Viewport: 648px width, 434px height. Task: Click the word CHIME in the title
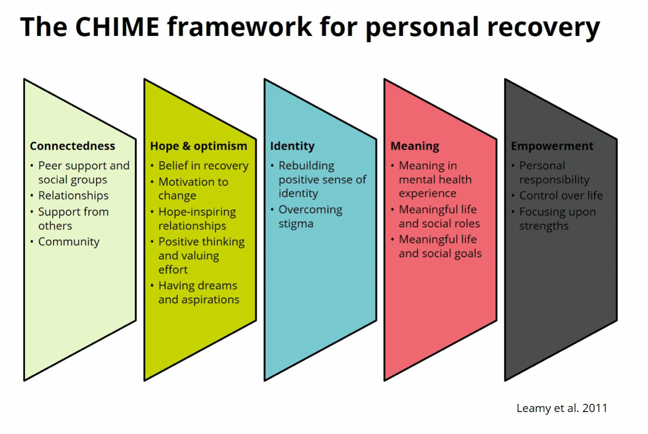click(x=117, y=27)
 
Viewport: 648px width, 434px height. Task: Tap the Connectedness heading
click(x=72, y=146)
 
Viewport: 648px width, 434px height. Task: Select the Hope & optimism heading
click(x=199, y=146)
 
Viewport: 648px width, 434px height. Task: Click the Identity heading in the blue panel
click(x=292, y=146)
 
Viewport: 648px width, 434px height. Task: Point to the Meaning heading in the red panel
click(x=415, y=146)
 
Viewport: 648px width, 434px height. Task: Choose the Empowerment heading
click(x=552, y=146)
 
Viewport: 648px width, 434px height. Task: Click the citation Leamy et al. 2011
click(x=562, y=408)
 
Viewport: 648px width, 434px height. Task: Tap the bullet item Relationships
click(x=74, y=195)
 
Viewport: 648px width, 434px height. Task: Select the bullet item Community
click(x=69, y=242)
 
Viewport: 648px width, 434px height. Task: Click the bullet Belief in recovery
click(x=203, y=166)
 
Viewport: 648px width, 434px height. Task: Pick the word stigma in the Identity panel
click(x=296, y=224)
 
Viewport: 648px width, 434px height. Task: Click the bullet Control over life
click(x=561, y=195)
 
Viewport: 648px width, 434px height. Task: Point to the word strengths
click(x=544, y=226)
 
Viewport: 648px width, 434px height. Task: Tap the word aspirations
click(x=210, y=300)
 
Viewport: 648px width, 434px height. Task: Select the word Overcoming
click(x=311, y=210)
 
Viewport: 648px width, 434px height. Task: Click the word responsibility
click(x=554, y=180)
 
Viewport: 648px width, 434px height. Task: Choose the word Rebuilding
click(x=306, y=166)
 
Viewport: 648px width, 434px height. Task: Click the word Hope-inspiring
click(x=197, y=212)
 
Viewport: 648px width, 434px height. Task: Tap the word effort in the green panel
click(x=173, y=270)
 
